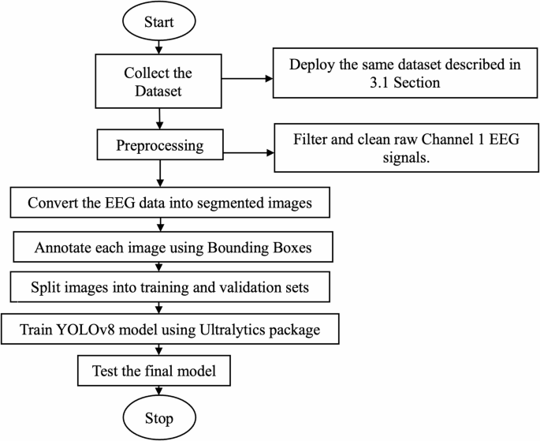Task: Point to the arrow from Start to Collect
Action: pos(160,48)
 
